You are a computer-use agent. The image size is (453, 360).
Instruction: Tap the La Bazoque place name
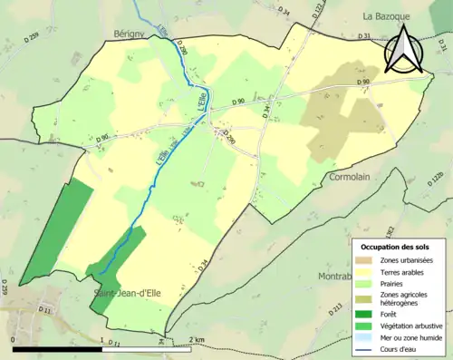pyautogui.click(x=388, y=16)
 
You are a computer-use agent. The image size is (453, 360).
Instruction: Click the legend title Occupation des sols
pyautogui.click(x=396, y=246)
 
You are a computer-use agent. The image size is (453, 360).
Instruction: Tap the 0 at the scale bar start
pyautogui.click(x=13, y=339)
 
